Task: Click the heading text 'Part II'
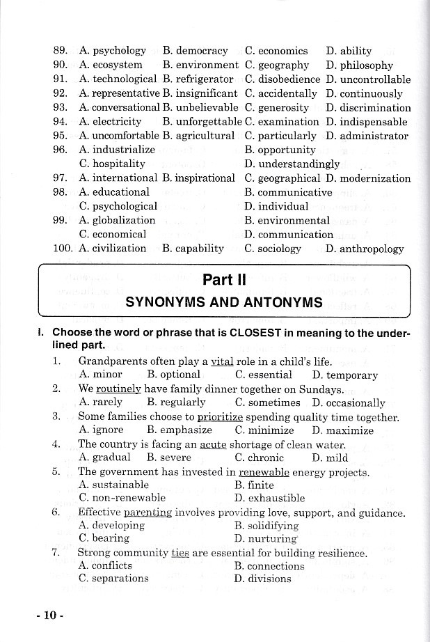(x=223, y=281)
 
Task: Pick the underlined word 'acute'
(x=214, y=444)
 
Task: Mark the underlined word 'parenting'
(x=148, y=512)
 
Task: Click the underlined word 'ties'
(x=180, y=553)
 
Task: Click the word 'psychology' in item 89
(x=119, y=51)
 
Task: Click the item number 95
(x=60, y=136)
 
